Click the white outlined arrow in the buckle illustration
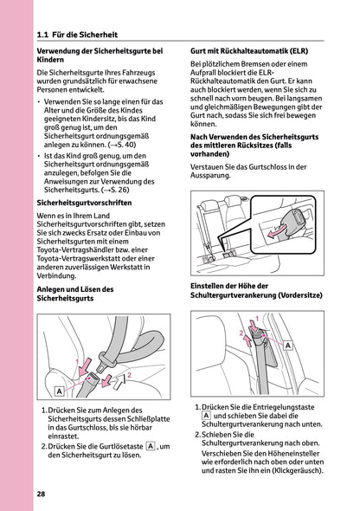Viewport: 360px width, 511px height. [x=110, y=378]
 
